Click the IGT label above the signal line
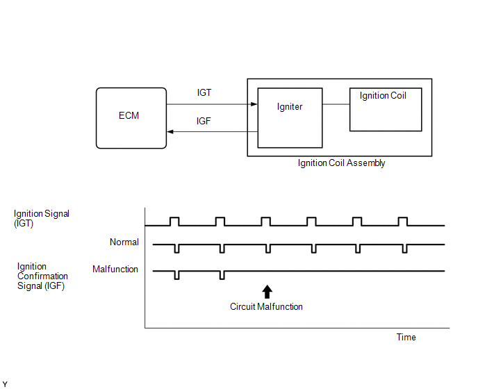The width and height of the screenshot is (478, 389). (x=204, y=92)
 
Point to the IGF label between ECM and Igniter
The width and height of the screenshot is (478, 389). (x=204, y=121)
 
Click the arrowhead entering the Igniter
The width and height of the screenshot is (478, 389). (x=254, y=104)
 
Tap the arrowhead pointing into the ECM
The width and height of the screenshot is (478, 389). (x=170, y=132)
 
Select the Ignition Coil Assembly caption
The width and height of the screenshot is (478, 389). (x=341, y=163)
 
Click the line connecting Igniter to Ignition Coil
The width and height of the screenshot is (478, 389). (x=336, y=104)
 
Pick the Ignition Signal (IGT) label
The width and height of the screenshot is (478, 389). (x=42, y=218)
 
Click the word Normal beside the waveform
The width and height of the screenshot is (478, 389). (x=124, y=242)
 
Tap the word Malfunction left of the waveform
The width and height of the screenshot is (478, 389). (x=115, y=270)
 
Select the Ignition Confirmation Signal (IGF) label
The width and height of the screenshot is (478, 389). (x=42, y=276)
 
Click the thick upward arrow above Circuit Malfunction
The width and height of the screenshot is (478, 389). (x=267, y=292)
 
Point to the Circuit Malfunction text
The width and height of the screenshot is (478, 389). (x=266, y=307)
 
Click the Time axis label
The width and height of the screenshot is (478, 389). (x=406, y=337)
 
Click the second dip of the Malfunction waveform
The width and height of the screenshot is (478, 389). (x=222, y=275)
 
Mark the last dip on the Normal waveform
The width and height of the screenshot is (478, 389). (x=404, y=249)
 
